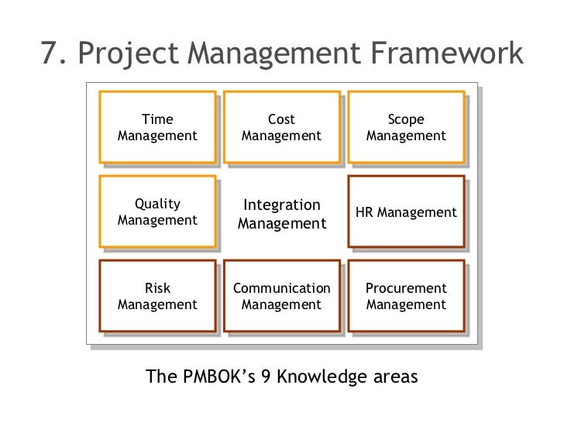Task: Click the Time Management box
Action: coord(157,128)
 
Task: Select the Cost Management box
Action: coord(281,128)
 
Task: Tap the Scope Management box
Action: coord(406,128)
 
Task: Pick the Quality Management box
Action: coord(157,212)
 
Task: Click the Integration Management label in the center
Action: coord(281,215)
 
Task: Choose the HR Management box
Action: coord(406,212)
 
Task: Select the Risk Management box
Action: coord(157,297)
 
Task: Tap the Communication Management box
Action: coord(281,297)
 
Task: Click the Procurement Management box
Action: coord(406,297)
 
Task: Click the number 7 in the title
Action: coord(50,53)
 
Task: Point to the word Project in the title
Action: coord(129,54)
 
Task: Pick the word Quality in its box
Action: coord(157,205)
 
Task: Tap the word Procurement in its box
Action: coord(406,289)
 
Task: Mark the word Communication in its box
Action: coord(281,289)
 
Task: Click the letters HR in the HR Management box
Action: coord(365,212)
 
